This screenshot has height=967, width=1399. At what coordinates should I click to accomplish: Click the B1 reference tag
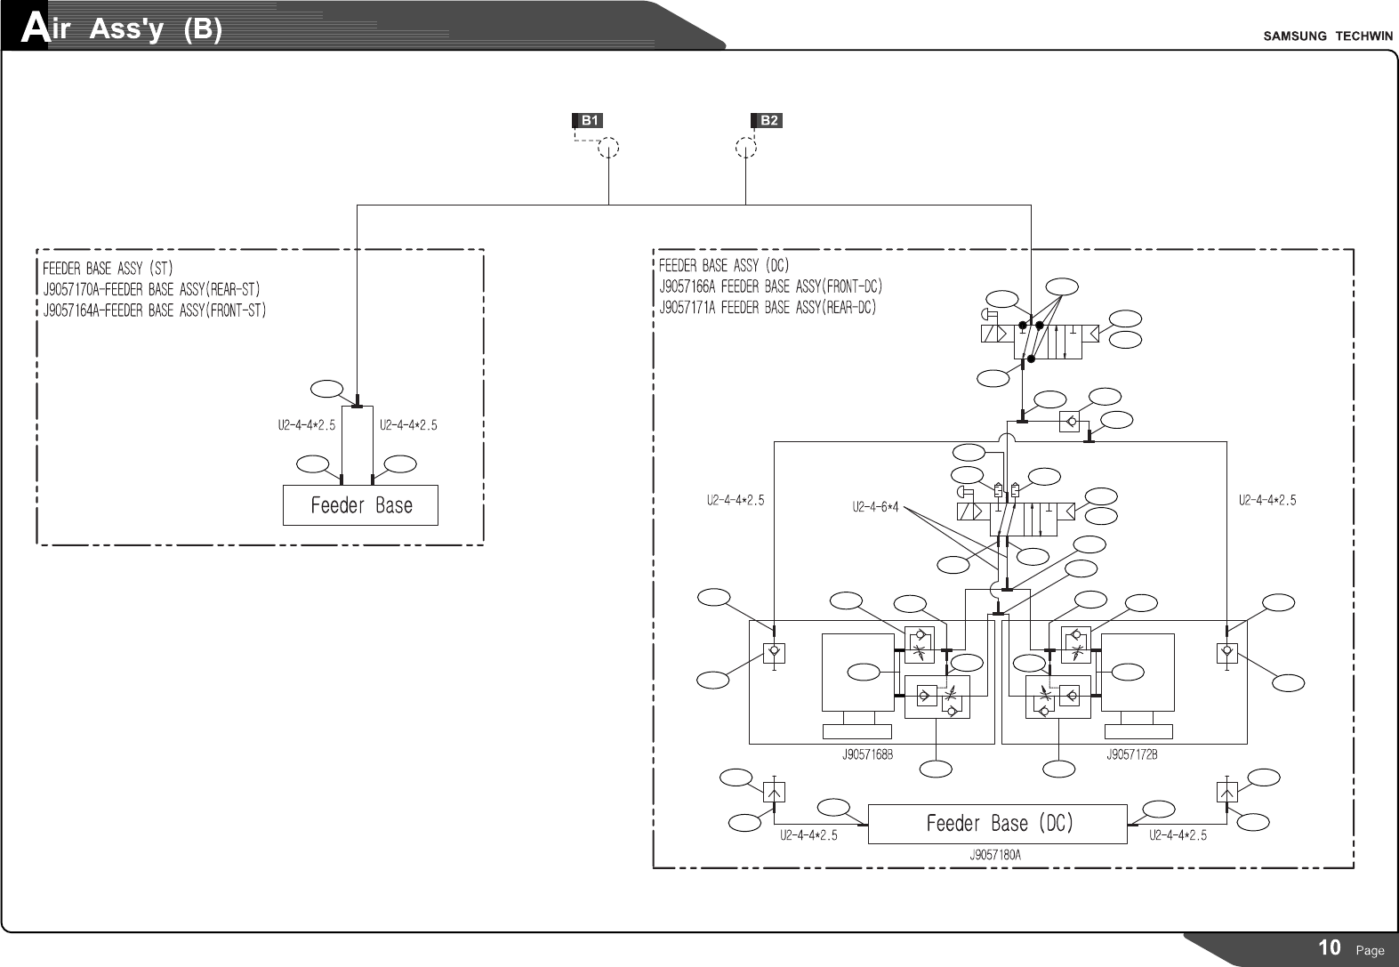click(x=588, y=120)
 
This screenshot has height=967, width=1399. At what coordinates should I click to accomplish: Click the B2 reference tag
click(x=767, y=120)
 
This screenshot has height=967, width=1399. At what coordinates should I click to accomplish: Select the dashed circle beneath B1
click(x=608, y=148)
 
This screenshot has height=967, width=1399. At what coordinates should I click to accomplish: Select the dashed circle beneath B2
click(x=746, y=148)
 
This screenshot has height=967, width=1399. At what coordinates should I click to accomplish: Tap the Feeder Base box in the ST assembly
click(x=360, y=505)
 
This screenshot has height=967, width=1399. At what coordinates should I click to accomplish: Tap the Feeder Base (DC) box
click(x=998, y=824)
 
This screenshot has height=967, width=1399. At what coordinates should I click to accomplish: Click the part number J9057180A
click(x=995, y=855)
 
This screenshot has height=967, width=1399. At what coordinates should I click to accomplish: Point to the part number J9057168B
click(x=866, y=755)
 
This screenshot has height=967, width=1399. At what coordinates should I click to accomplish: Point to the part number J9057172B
click(x=1131, y=755)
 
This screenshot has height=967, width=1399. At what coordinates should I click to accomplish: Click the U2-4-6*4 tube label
click(x=875, y=507)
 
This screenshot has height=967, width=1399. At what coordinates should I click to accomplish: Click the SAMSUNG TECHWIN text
click(x=1328, y=36)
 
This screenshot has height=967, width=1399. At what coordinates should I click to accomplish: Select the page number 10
click(x=1329, y=947)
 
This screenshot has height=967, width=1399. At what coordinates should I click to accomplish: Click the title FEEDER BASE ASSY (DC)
click(x=724, y=265)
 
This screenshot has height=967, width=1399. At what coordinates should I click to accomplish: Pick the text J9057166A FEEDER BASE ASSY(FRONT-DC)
click(x=770, y=286)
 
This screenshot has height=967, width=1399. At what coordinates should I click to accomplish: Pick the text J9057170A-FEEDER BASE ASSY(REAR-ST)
click(x=151, y=289)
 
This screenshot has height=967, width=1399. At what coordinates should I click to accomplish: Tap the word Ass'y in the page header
click(x=126, y=30)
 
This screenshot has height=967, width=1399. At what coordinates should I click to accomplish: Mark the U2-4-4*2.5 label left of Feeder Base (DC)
click(x=808, y=836)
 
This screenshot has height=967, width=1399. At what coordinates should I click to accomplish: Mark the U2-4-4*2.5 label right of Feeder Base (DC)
click(x=1178, y=836)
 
